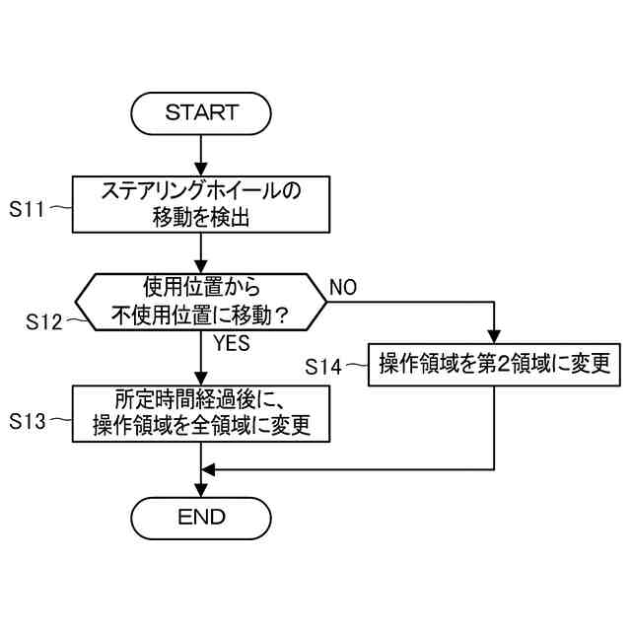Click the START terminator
pos(201,112)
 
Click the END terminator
pos(201,517)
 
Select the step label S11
pos(30,209)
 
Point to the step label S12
pos(45,320)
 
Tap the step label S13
pos(30,420)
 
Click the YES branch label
pos(232,344)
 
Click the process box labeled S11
pos(201,204)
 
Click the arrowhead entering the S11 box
pos(201,170)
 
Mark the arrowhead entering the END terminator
pos(201,489)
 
